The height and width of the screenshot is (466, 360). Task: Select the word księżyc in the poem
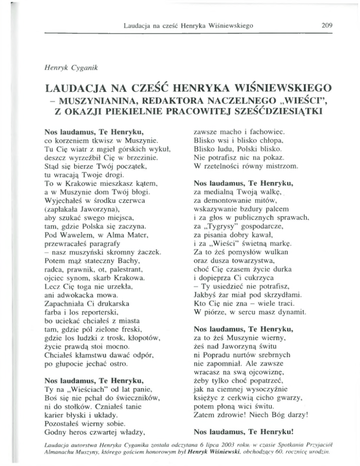(206, 401)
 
